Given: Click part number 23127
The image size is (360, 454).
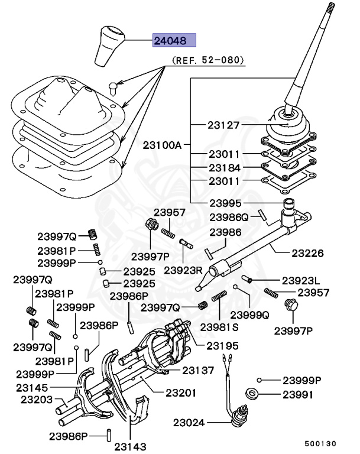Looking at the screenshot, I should [223, 125].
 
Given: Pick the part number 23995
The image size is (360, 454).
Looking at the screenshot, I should [223, 203].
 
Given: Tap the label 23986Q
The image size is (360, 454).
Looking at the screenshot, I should [229, 217].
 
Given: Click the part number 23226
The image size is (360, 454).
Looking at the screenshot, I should [307, 253].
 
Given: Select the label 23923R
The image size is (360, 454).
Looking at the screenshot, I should [183, 270].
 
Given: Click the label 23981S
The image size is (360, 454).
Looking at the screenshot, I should [219, 326].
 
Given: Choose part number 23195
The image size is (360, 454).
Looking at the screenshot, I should [222, 345].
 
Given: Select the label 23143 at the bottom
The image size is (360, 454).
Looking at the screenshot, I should [130, 447].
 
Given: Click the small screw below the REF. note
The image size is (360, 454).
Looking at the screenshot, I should [113, 87].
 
